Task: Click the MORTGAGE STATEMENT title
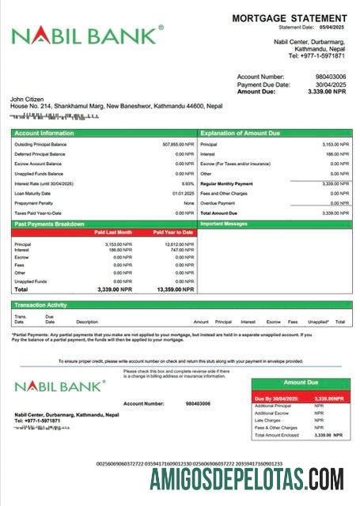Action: [x=289, y=17]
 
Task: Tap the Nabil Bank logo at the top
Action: [x=87, y=36]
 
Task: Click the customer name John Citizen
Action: [x=29, y=99]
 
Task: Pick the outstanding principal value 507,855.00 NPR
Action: [x=178, y=145]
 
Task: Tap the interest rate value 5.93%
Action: [x=188, y=183]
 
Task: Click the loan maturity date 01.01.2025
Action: [x=184, y=193]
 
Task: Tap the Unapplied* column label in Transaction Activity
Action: [x=318, y=322]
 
